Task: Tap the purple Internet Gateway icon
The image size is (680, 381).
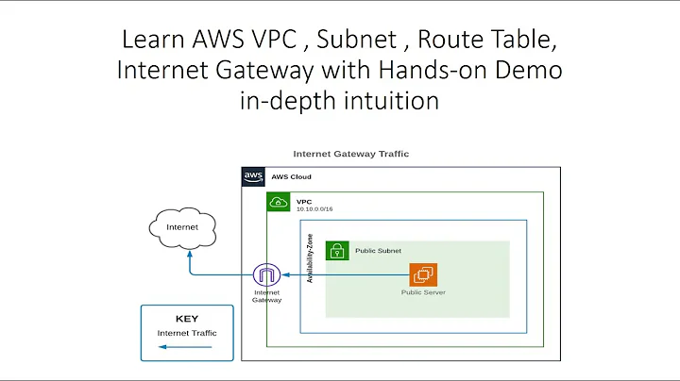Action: [x=266, y=276]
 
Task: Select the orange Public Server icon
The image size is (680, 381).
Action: [x=422, y=275]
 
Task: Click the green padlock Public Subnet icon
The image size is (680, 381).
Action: [x=337, y=251]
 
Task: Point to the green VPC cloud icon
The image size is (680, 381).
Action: [x=278, y=202]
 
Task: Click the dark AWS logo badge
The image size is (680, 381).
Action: [x=253, y=176]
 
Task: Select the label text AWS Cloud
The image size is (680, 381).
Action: [x=291, y=177]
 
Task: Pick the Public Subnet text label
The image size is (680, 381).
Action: [x=378, y=252]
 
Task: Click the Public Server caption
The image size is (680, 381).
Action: [x=423, y=292]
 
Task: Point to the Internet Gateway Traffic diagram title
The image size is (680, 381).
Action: [x=350, y=154]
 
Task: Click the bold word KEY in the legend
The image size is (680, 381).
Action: [x=187, y=319]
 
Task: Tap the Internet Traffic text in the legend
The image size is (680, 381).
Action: [x=187, y=333]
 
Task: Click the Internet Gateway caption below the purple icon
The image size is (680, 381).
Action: [x=267, y=297]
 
